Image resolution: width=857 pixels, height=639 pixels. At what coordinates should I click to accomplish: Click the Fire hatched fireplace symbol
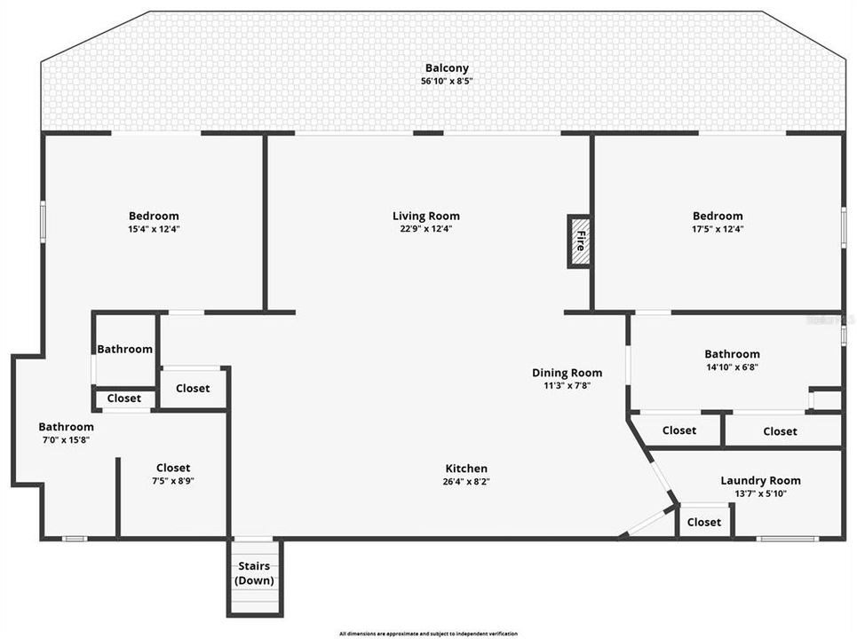click(579, 241)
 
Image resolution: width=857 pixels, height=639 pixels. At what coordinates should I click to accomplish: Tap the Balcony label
click(447, 68)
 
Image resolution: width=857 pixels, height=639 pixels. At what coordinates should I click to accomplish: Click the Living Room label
click(426, 216)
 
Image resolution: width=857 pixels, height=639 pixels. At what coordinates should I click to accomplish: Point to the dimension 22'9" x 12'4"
click(426, 229)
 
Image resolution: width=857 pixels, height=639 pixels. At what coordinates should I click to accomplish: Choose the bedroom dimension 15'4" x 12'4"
click(154, 229)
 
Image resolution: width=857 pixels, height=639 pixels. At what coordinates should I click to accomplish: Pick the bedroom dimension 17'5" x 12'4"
click(718, 229)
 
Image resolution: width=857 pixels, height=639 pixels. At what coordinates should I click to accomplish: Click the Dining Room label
click(567, 373)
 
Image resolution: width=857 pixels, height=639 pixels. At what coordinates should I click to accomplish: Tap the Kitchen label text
click(466, 469)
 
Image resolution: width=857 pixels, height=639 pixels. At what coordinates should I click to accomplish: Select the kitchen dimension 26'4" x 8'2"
click(466, 482)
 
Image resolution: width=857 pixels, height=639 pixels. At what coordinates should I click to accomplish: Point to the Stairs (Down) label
click(254, 573)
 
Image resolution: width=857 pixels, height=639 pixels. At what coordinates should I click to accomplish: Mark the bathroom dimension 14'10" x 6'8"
click(732, 367)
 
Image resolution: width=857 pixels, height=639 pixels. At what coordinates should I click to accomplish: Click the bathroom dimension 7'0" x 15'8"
click(66, 439)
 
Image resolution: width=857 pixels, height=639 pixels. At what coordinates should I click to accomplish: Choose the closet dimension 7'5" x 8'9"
click(173, 481)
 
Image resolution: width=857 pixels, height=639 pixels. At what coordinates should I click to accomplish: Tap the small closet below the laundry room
click(704, 522)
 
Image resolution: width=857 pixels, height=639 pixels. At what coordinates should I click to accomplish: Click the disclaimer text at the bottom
click(428, 634)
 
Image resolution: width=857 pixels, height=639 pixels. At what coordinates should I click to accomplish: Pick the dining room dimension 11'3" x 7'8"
click(567, 386)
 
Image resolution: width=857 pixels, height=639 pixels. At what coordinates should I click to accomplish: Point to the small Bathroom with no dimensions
click(124, 350)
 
